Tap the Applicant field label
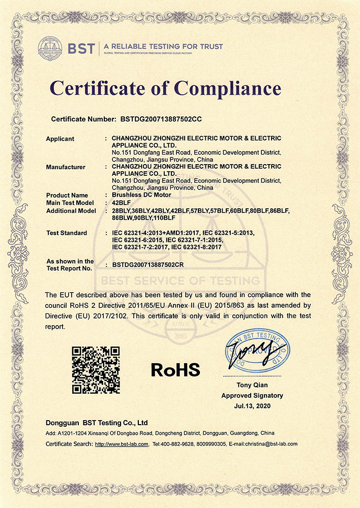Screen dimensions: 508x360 [x=60, y=139]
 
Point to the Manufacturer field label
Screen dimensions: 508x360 [x=66, y=167]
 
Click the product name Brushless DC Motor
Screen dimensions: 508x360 [x=141, y=195]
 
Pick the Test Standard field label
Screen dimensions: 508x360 [x=66, y=233]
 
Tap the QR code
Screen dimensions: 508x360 [x=96, y=370]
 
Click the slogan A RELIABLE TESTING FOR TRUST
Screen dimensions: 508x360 [x=163, y=47]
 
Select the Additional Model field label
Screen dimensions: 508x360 [x=71, y=210]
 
